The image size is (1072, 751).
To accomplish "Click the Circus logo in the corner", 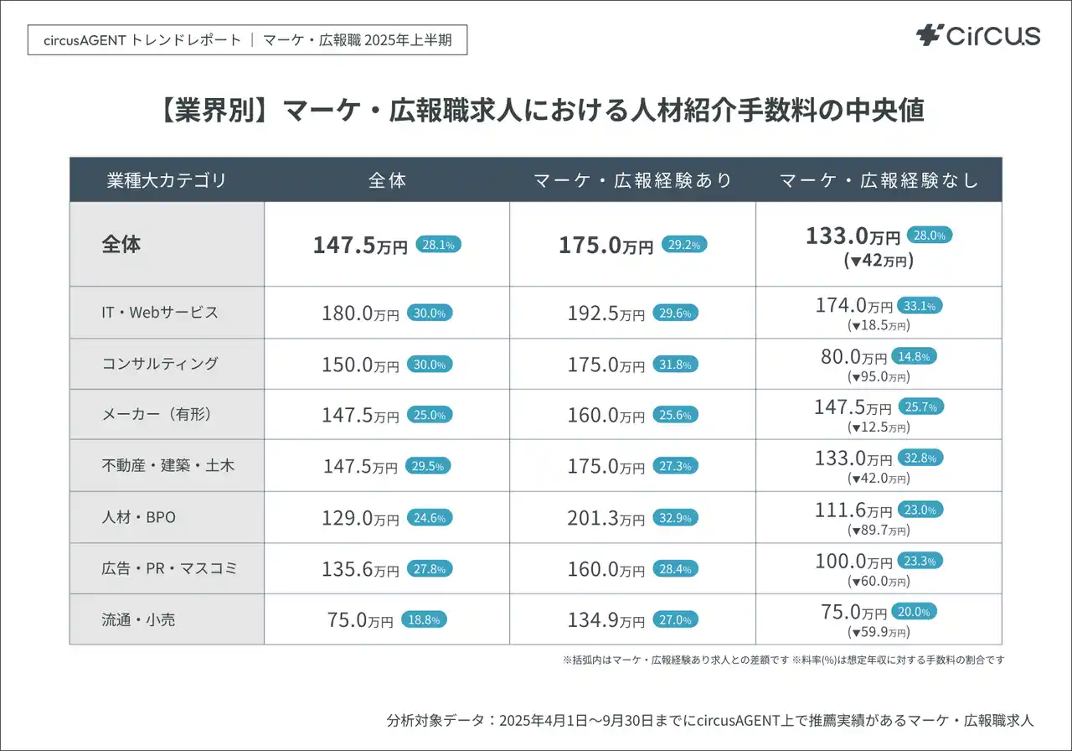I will click(x=978, y=35).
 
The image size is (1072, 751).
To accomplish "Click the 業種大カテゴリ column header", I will click(x=167, y=180).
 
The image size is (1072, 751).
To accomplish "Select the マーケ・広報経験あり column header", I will click(x=633, y=180).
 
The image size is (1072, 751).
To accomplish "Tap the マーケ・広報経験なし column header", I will click(x=879, y=180).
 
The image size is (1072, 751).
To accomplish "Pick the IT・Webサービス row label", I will click(x=160, y=313).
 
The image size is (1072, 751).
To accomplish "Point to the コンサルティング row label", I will click(x=160, y=364).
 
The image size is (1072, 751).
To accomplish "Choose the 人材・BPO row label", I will click(x=139, y=517).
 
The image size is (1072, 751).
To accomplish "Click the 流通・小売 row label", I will click(x=139, y=620).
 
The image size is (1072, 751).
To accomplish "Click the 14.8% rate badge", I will click(x=914, y=356).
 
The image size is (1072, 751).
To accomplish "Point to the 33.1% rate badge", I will click(x=919, y=305).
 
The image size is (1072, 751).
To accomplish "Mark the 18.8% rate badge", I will click(x=424, y=620).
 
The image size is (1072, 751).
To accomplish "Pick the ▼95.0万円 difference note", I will click(x=879, y=377).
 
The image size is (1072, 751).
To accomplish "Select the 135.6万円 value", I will click(x=360, y=570).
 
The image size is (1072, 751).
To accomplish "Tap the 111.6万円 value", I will click(x=853, y=510).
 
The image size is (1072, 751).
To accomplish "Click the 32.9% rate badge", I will click(x=675, y=518).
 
